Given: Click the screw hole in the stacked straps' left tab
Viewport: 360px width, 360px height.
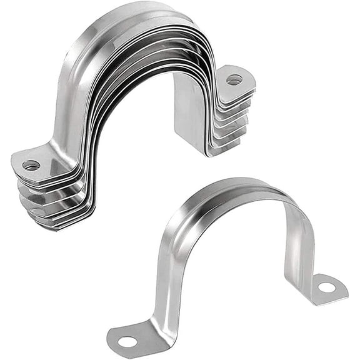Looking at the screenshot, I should [x=31, y=166].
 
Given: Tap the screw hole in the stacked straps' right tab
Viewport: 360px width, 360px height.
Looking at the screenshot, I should [x=234, y=80].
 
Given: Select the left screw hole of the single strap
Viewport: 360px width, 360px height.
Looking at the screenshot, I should [x=127, y=341].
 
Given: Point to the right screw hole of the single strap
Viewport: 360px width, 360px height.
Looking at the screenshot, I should [x=326, y=287].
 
